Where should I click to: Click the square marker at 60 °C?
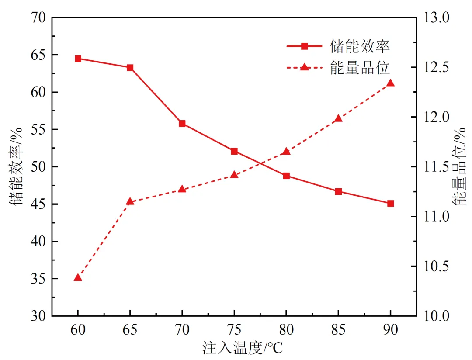point(78,59)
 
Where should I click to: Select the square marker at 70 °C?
point(182,124)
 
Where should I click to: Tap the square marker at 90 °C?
point(390,204)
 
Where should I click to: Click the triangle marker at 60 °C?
point(78,277)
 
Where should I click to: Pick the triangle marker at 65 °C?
point(130,201)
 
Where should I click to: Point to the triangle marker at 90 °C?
point(390,83)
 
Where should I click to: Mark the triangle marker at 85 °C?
point(338,118)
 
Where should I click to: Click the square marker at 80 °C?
point(286,176)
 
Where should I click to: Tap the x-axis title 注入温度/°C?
point(243,348)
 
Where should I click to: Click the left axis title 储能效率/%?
point(16,166)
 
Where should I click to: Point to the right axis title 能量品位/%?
point(459,166)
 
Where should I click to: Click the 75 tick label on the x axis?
point(234,330)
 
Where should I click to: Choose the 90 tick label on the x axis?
point(390,330)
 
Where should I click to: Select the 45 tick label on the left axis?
point(38,204)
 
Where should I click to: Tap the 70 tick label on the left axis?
point(38,17)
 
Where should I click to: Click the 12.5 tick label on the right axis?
point(437,67)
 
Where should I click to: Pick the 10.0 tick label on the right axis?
point(437,316)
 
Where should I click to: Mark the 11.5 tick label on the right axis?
point(437,166)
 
